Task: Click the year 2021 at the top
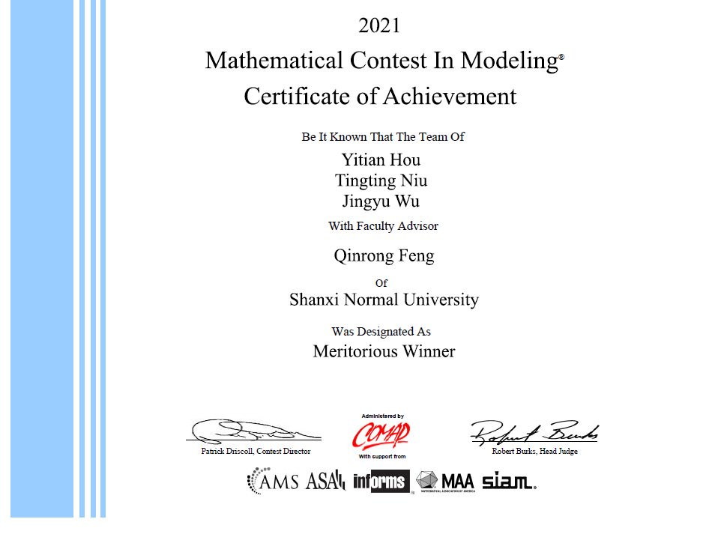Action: [x=379, y=25]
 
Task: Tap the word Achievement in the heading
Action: [x=450, y=97]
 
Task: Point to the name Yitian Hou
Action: [x=381, y=160]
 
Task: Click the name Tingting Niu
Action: [x=381, y=181]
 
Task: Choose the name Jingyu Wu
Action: [x=381, y=201]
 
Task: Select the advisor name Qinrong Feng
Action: [x=384, y=256]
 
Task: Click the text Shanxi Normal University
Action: [x=384, y=300]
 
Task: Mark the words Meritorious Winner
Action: [x=384, y=351]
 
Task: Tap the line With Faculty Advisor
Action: [x=383, y=225]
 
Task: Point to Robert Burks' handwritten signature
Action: [x=534, y=431]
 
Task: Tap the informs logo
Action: [x=381, y=481]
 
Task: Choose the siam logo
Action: [x=509, y=481]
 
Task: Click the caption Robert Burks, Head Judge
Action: [x=534, y=452]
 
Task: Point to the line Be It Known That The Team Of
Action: [x=383, y=137]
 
